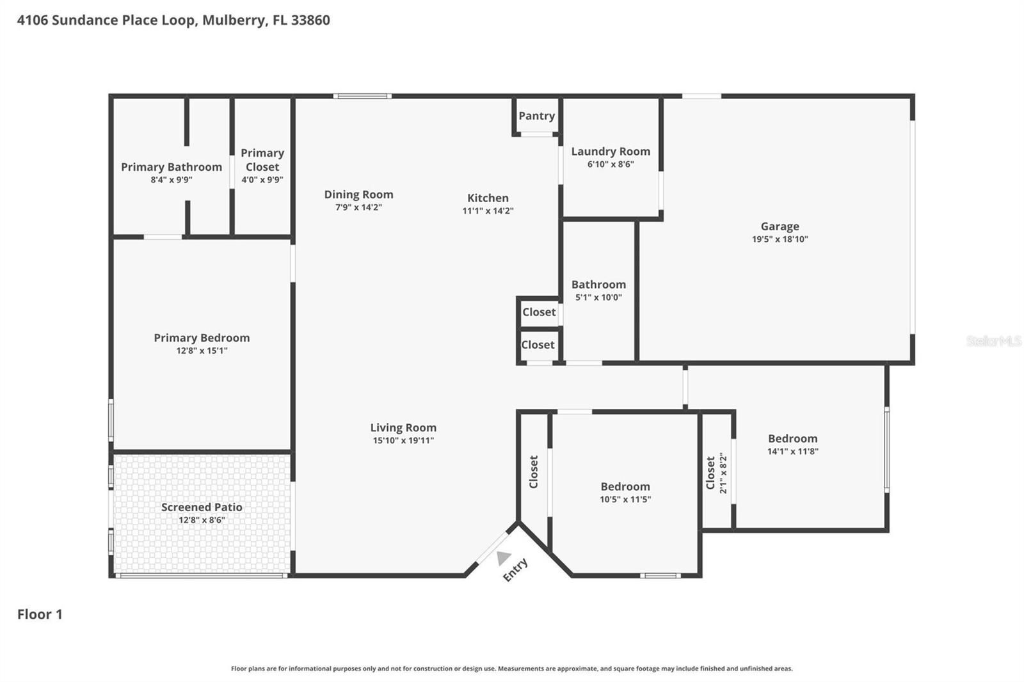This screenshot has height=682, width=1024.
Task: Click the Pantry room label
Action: [536, 116]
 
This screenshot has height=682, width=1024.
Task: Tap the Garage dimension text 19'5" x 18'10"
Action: [780, 239]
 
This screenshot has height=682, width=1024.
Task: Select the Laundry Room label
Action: [610, 152]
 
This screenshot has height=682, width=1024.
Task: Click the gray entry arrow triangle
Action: [504, 558]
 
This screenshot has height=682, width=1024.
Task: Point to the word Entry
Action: [515, 569]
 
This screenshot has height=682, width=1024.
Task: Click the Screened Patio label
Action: [202, 507]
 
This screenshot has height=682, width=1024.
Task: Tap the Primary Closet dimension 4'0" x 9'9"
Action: [262, 180]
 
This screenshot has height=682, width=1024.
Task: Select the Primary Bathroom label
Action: [172, 167]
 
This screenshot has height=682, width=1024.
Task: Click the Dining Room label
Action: [358, 194]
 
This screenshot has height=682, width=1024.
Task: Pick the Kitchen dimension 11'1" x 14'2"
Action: [488, 211]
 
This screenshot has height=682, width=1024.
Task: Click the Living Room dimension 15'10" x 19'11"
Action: [403, 440]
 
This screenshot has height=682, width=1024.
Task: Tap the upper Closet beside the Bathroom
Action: [539, 312]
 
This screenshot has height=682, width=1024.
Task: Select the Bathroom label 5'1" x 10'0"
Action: [598, 285]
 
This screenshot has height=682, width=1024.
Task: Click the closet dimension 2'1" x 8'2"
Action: [724, 473]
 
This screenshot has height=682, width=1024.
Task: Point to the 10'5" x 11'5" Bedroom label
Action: [625, 487]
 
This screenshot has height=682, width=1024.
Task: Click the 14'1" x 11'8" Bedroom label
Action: [792, 439]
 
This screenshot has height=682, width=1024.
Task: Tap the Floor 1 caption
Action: [40, 614]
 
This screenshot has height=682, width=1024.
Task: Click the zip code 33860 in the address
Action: [310, 20]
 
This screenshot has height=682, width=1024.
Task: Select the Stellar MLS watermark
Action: [993, 341]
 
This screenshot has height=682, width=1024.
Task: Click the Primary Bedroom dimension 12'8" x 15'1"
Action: [202, 351]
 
